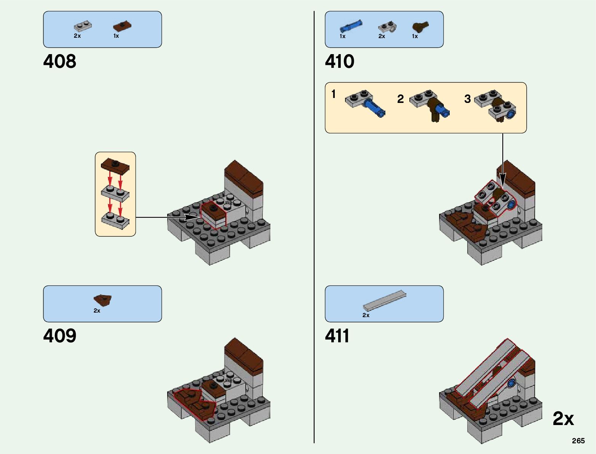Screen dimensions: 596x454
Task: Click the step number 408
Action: (x=60, y=61)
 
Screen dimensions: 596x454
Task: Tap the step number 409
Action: (x=60, y=336)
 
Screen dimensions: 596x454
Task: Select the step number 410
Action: (x=340, y=61)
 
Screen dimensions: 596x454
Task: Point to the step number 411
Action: (x=337, y=336)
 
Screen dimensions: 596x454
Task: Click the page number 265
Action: (x=578, y=441)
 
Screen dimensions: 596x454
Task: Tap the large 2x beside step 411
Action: (x=563, y=419)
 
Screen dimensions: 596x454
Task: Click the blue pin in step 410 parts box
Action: (x=351, y=26)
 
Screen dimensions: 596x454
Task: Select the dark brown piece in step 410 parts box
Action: (x=420, y=27)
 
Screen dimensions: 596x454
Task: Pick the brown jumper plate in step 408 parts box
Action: (x=122, y=26)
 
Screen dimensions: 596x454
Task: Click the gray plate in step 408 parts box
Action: (x=83, y=26)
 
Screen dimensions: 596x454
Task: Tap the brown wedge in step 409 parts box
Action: (x=103, y=300)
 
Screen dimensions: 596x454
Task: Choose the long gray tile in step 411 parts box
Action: (x=385, y=300)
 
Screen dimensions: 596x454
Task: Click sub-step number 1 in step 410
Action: (x=334, y=94)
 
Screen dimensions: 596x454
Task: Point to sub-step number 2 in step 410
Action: (x=400, y=99)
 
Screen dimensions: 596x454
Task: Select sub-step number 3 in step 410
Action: (x=468, y=99)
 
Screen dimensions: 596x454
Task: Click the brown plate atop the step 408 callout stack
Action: (x=115, y=165)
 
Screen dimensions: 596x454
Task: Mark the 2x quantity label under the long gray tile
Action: (x=366, y=315)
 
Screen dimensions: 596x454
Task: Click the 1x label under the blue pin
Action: (x=343, y=36)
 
